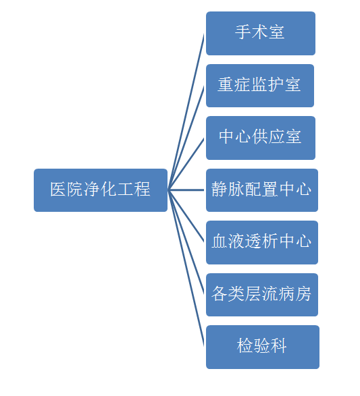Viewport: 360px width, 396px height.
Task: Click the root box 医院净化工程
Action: coord(101,190)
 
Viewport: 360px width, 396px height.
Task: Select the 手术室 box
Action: coord(261,33)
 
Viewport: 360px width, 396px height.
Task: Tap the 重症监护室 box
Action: coord(260,86)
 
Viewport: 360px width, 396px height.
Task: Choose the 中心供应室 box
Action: coord(261,138)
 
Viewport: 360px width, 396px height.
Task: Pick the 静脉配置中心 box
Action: coord(262,190)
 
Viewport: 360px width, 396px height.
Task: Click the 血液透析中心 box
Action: coord(262,242)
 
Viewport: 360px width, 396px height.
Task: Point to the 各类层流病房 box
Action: coord(262,295)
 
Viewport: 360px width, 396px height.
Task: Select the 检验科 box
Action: coord(263,347)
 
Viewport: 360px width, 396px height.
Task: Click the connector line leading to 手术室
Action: coord(186,111)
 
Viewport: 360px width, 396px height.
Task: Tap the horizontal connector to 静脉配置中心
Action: coord(186,190)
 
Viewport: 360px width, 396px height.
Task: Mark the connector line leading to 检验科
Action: coord(186,268)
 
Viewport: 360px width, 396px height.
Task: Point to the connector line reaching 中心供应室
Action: coord(186,164)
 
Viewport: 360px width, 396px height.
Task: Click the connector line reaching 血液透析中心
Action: coord(186,216)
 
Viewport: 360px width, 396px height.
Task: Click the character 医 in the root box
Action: coord(58,189)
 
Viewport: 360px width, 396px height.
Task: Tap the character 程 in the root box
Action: coord(143,189)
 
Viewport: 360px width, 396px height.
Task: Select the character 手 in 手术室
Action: coord(243,32)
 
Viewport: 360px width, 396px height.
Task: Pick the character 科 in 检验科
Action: coord(278,346)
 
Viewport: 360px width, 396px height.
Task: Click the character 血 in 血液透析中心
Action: coord(220,242)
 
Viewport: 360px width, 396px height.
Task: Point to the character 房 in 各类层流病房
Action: coord(303,293)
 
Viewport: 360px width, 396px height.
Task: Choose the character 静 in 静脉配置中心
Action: coord(220,189)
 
